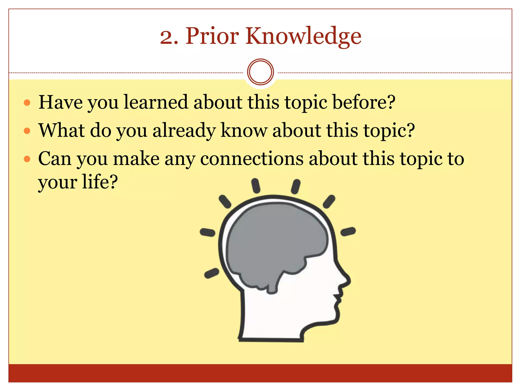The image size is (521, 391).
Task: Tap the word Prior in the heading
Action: tap(212, 36)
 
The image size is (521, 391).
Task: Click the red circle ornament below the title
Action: tap(260, 72)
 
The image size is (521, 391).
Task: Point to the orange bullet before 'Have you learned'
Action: tap(27, 103)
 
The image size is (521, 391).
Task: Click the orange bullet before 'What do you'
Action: tap(27, 131)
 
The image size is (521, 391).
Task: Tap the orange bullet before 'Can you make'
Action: tap(27, 159)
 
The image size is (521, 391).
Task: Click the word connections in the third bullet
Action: tap(252, 159)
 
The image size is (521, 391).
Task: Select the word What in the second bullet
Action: tap(61, 131)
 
